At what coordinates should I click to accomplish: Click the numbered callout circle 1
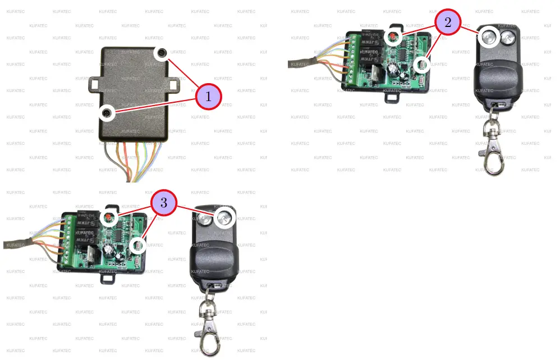(x=209, y=97)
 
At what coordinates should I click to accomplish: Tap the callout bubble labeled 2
(x=447, y=23)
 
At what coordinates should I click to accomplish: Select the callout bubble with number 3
(x=163, y=203)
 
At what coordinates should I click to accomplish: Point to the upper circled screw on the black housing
(x=162, y=53)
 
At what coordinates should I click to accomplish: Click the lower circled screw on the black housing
(x=107, y=114)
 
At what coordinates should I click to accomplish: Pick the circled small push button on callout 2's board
(x=422, y=66)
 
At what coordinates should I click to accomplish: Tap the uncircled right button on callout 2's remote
(x=508, y=38)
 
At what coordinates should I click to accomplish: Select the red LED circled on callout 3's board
(x=109, y=217)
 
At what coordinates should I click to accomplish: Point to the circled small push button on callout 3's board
(x=137, y=245)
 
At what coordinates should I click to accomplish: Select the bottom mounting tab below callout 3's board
(x=108, y=276)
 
